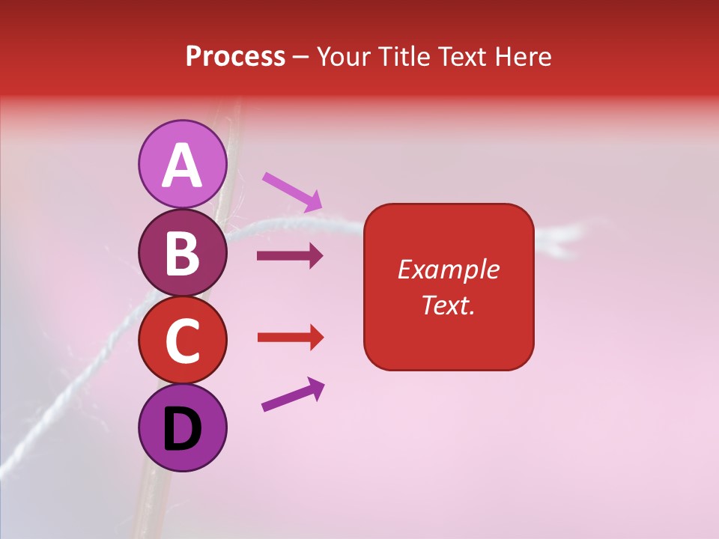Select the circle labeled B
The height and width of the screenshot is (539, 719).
click(182, 252)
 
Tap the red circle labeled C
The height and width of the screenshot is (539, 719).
click(182, 340)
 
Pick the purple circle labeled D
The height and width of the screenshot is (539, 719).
click(182, 427)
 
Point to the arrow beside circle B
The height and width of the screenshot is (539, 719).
click(289, 256)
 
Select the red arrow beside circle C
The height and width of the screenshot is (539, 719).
click(290, 338)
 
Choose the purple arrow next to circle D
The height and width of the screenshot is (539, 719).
click(292, 395)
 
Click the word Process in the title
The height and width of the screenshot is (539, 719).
click(235, 57)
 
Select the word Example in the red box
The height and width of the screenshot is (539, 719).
click(448, 269)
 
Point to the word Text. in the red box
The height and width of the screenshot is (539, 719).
click(448, 305)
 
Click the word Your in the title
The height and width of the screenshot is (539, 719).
click(342, 57)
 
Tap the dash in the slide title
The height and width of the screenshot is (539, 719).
click(300, 58)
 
